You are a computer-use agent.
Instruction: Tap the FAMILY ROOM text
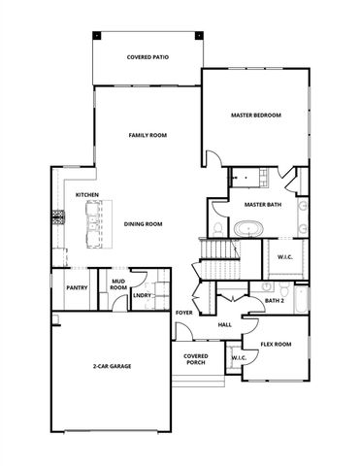[x=148, y=135]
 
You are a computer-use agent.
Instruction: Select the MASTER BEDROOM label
[x=255, y=116]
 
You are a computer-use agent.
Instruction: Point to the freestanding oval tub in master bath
[x=249, y=229]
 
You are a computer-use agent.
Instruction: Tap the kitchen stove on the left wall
[x=58, y=217]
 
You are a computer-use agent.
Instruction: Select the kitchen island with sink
[x=94, y=224]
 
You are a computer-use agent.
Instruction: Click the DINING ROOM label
[x=143, y=224]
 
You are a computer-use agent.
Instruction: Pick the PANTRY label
[x=78, y=288]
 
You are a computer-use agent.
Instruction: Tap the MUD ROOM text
[x=117, y=284]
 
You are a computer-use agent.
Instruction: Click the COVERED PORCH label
[x=197, y=359]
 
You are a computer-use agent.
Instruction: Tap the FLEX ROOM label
[x=277, y=345]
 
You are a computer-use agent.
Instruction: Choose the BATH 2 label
[x=273, y=301]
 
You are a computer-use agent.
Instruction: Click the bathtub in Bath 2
[x=301, y=303]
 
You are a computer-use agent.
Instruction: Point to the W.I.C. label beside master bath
[x=285, y=257]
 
